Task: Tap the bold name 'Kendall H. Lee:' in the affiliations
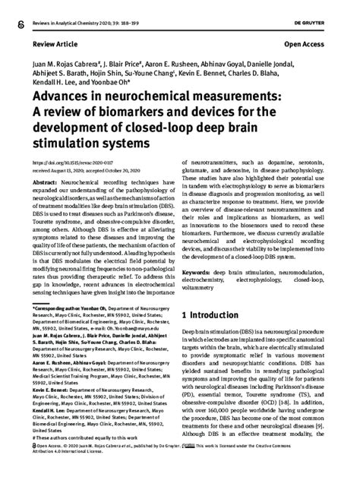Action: tap(49, 428)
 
